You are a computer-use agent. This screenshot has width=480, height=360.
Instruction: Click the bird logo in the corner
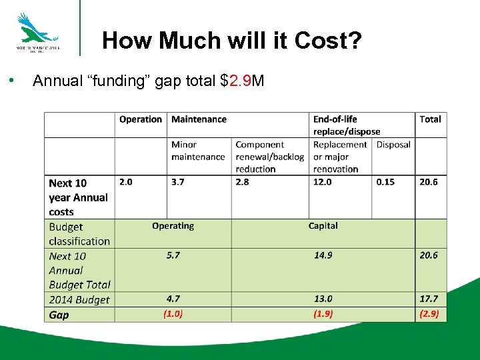coord(37,29)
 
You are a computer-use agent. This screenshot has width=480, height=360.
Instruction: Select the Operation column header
coord(140,119)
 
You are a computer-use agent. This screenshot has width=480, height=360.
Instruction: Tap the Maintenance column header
coord(199,119)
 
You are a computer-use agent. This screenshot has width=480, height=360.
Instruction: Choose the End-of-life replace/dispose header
coord(346,125)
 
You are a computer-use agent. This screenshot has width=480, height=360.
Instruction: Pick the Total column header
coord(430,119)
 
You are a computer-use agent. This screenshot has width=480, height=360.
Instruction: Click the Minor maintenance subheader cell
coord(198,151)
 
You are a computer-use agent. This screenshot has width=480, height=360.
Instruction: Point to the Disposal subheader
coord(393,145)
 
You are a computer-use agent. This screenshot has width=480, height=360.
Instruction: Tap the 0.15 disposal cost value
coord(385,182)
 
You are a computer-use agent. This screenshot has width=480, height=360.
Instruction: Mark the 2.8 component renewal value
coord(243,182)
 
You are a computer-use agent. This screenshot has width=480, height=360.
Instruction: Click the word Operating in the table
coord(173,226)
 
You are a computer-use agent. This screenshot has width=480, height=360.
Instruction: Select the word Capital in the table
coord(323,226)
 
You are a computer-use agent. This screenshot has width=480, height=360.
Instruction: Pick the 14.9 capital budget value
coord(323,255)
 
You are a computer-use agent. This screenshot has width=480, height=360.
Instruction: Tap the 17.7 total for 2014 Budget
coord(429,299)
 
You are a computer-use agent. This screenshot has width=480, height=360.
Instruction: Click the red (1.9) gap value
coord(323,314)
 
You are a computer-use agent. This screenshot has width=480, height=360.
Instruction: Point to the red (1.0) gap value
coord(173,314)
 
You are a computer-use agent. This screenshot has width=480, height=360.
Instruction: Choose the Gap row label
coord(59,315)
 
